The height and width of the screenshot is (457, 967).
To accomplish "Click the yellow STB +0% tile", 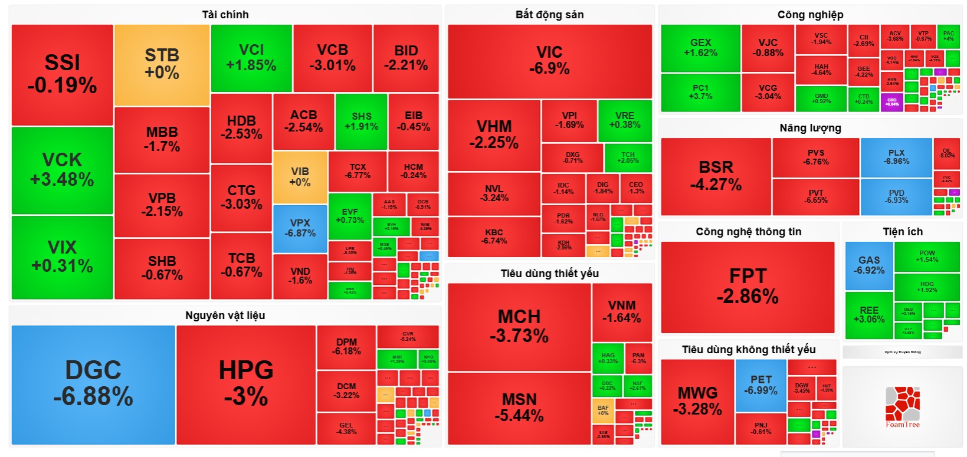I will coord(162,64).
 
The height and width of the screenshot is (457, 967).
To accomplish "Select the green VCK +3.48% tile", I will coord(62,170).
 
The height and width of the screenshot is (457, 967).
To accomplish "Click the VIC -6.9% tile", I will coord(549,61).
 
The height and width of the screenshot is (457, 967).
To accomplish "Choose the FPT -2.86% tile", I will coord(748,287).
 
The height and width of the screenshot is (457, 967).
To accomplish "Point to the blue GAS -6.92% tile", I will coord(868,265).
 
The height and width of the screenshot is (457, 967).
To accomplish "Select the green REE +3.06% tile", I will coord(868,315).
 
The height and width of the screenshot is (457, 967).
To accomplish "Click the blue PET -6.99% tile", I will coord(761,385).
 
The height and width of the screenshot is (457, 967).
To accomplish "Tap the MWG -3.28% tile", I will coord(697,402).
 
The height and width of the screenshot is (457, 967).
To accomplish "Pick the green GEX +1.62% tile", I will coord(700,48).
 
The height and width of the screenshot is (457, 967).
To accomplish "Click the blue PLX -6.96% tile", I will coord(896,157).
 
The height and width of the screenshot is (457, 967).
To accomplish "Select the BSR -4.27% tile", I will coord(716,176).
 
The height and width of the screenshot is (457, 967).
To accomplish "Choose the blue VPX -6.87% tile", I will coord(300,228).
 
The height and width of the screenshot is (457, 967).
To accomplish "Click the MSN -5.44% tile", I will coord(519,408).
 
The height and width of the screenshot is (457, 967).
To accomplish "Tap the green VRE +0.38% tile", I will coord(625,120).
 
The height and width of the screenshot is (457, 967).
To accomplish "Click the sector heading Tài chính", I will coord(225,15).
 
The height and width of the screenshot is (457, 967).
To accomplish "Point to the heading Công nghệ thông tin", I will coord(748,232).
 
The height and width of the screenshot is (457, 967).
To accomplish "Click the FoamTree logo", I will coord(902,407).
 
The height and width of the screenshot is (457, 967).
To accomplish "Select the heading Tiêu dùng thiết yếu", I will coord(549,273).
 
